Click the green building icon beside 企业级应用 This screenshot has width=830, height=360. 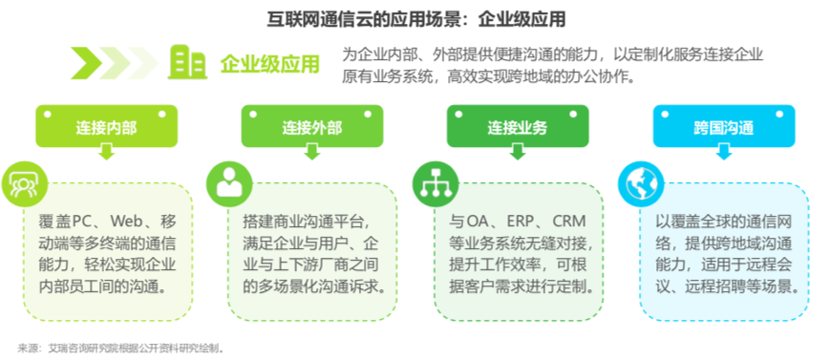[x=187, y=63]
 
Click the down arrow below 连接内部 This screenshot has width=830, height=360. [x=107, y=150]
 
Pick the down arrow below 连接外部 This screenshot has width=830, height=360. [x=311, y=150]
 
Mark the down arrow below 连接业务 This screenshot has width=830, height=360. [x=518, y=150]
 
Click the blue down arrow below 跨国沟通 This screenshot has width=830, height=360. [x=723, y=150]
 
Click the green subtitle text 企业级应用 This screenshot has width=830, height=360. [x=270, y=64]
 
